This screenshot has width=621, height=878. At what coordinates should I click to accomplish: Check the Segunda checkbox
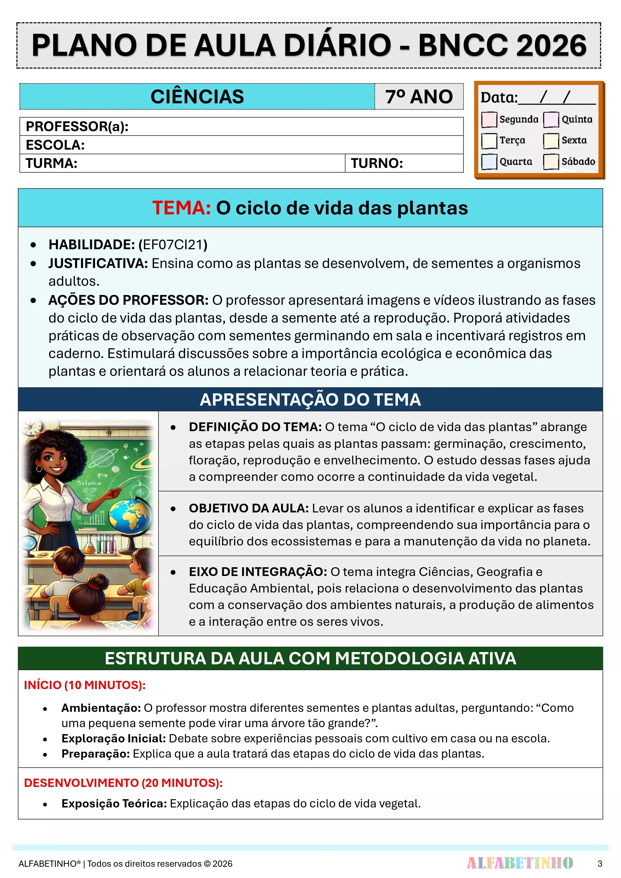(x=489, y=119)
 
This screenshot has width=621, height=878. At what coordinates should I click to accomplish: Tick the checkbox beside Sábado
(x=551, y=161)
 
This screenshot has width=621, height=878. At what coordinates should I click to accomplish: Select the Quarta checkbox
(x=489, y=161)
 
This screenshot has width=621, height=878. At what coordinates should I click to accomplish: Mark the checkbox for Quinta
(x=551, y=119)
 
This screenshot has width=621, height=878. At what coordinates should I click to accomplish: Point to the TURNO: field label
(x=377, y=163)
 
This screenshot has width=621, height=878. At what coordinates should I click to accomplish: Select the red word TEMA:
(x=182, y=208)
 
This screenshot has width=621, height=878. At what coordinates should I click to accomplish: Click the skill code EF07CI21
(x=173, y=245)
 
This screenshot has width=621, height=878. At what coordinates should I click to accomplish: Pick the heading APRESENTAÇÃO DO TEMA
(x=310, y=400)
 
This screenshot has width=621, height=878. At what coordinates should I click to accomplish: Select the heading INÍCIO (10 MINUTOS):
(x=85, y=685)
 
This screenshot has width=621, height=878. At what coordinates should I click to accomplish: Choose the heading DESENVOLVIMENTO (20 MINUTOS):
(x=123, y=783)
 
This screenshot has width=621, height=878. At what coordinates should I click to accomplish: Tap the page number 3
(x=599, y=863)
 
